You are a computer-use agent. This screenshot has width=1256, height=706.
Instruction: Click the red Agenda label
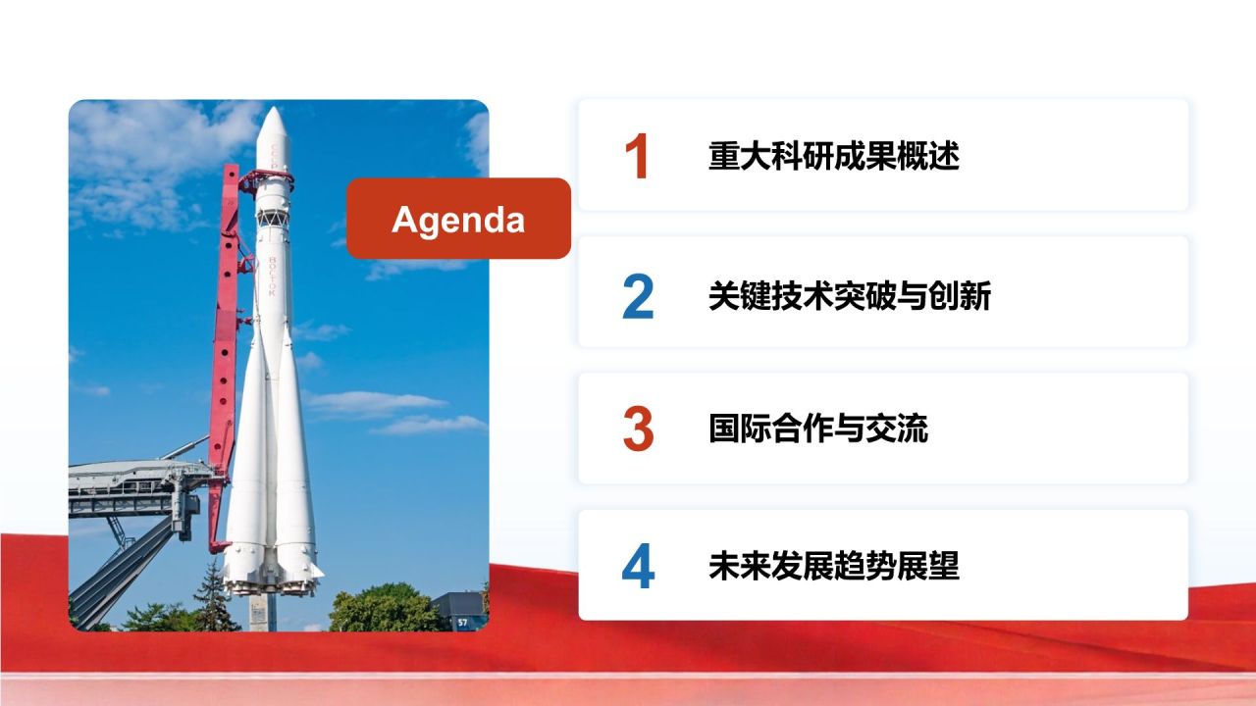[x=458, y=219]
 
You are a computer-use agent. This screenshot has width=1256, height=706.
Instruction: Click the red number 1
[x=637, y=157]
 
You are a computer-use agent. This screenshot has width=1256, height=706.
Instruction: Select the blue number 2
[x=638, y=295]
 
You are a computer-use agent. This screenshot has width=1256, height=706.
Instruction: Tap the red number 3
[x=638, y=430]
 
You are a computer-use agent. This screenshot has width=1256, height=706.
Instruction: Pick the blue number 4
[x=638, y=568]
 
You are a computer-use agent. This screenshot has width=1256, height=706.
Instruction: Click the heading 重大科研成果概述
[x=833, y=157]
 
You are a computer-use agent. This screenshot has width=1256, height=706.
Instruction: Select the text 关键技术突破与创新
[x=849, y=294]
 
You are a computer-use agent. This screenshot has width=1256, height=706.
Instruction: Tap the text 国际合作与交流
[x=817, y=429]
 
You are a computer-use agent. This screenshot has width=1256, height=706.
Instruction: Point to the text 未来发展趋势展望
[x=833, y=567]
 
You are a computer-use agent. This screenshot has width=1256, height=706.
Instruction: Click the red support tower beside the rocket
[x=226, y=343]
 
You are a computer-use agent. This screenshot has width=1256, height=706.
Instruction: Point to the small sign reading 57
[x=462, y=622]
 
